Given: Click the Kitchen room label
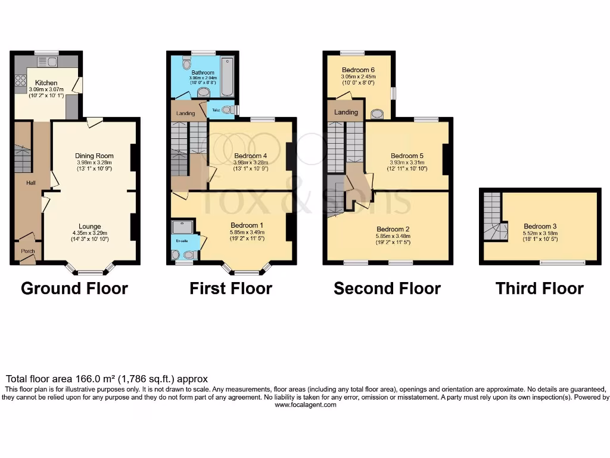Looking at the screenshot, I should [x=46, y=83].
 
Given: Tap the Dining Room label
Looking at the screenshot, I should [x=94, y=156].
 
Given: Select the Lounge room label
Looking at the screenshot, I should [x=89, y=227].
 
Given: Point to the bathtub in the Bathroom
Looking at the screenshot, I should [x=227, y=78].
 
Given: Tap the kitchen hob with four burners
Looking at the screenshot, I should [x=20, y=79].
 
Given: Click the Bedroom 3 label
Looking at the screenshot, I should [x=540, y=227].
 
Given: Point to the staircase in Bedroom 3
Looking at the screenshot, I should [x=494, y=217].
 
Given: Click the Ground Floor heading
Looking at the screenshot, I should [x=74, y=289].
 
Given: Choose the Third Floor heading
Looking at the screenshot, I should [x=540, y=289].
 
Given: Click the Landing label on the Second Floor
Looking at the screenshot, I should [x=346, y=112].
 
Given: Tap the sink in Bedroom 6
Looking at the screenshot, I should [x=377, y=113].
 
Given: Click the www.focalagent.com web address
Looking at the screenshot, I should [x=305, y=405].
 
